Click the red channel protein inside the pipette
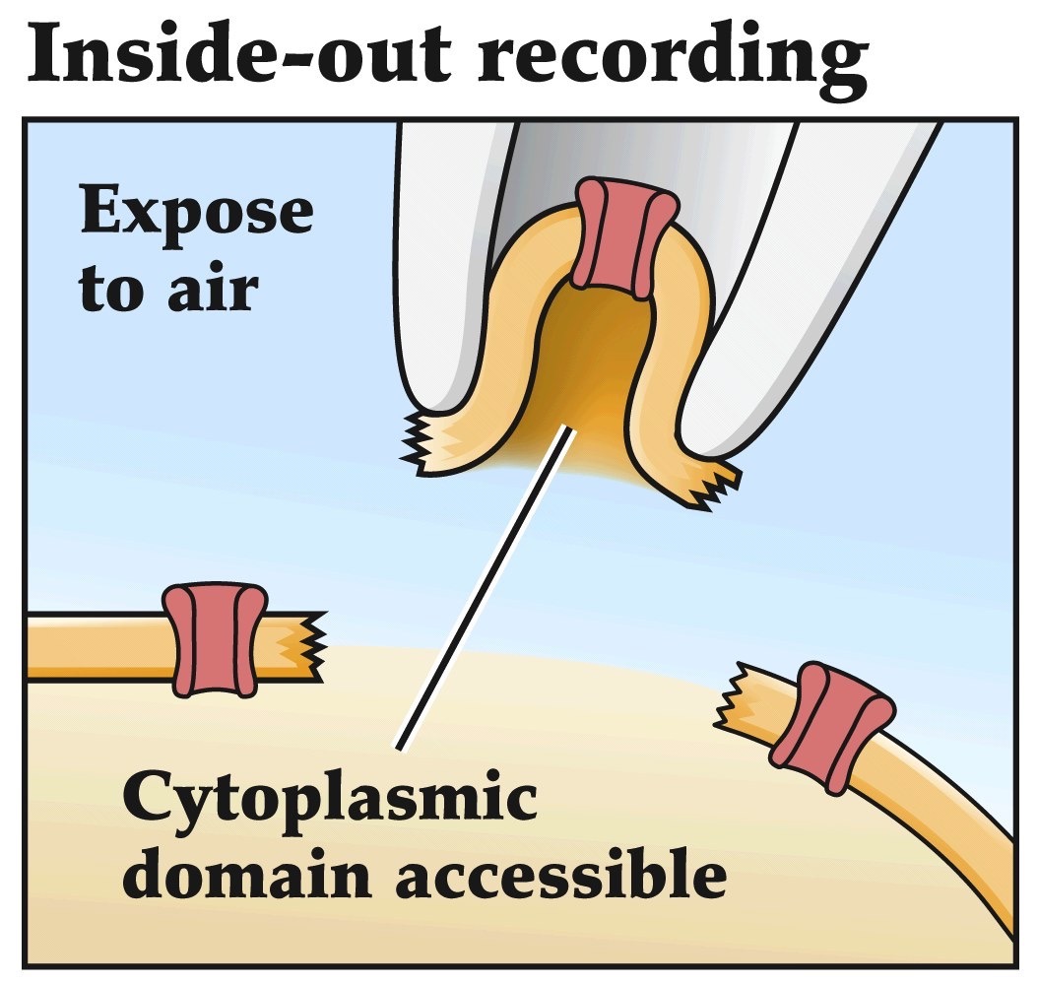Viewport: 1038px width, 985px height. tap(626, 236)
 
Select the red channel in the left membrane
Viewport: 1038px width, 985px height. tap(213, 640)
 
